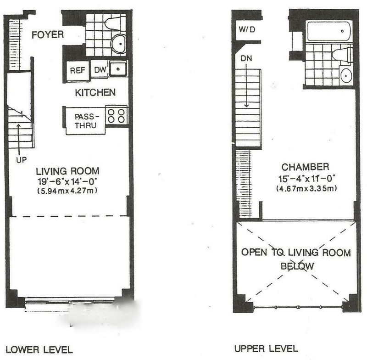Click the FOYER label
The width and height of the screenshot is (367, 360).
pos(48,34)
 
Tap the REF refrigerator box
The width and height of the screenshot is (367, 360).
pos(78,71)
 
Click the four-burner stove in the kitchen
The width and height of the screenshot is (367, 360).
pos(116,116)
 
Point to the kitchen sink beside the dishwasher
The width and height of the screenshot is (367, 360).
pos(118,69)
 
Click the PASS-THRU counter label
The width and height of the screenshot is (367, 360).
pos(86,121)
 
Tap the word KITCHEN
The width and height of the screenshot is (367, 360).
pos(95,92)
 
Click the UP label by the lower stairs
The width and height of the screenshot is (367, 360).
pos(21,160)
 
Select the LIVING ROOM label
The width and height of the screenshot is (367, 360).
pos(67,171)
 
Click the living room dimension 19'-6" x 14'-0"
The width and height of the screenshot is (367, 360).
pos(67,181)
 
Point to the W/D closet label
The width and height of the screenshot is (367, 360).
pos(247,29)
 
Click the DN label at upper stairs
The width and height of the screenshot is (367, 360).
pos(246,58)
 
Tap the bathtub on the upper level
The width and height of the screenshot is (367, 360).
pos(329,31)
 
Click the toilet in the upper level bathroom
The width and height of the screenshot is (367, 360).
pos(342,55)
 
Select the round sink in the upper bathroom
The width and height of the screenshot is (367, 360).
pos(346,75)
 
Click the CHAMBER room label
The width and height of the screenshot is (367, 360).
pos(305,167)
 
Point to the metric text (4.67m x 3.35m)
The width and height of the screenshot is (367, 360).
pos(306,188)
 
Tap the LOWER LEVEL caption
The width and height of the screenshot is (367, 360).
pos(39,350)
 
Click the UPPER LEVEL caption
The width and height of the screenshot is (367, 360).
pos(266,349)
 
